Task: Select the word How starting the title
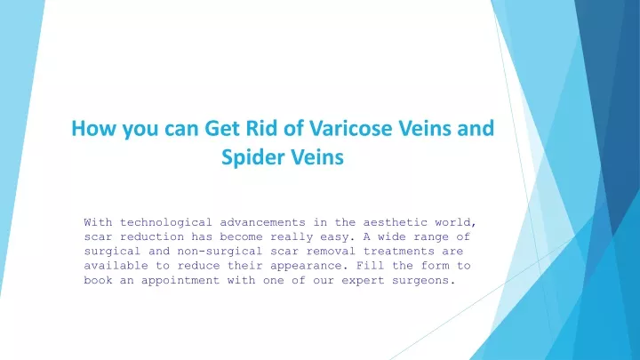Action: coord(93,128)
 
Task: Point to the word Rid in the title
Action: coord(260,128)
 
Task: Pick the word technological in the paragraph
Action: coord(165,223)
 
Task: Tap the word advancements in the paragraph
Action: coord(262,222)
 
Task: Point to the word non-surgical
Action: coord(220,252)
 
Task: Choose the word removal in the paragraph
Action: coord(331,252)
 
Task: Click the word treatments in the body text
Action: coord(399,252)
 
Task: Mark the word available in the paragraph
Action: coord(116,266)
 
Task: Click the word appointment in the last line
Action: coord(180,281)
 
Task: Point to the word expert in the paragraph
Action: coord(364,281)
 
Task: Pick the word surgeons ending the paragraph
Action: coord(424,281)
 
